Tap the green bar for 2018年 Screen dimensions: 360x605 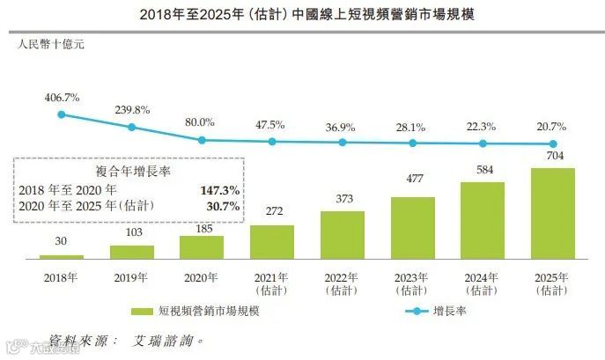(62, 256)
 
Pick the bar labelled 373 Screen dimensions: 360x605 (342, 234)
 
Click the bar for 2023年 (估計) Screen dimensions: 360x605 (412, 227)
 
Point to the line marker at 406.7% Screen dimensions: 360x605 (62, 114)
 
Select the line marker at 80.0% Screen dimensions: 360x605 (202, 140)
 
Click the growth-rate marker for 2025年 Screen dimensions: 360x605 (553, 144)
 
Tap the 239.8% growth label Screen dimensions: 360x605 (132, 110)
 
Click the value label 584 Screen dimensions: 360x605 (482, 171)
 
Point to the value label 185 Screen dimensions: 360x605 (202, 227)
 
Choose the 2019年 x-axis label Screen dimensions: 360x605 (132, 276)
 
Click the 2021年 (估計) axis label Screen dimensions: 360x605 (271, 282)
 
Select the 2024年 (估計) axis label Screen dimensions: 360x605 (482, 282)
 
